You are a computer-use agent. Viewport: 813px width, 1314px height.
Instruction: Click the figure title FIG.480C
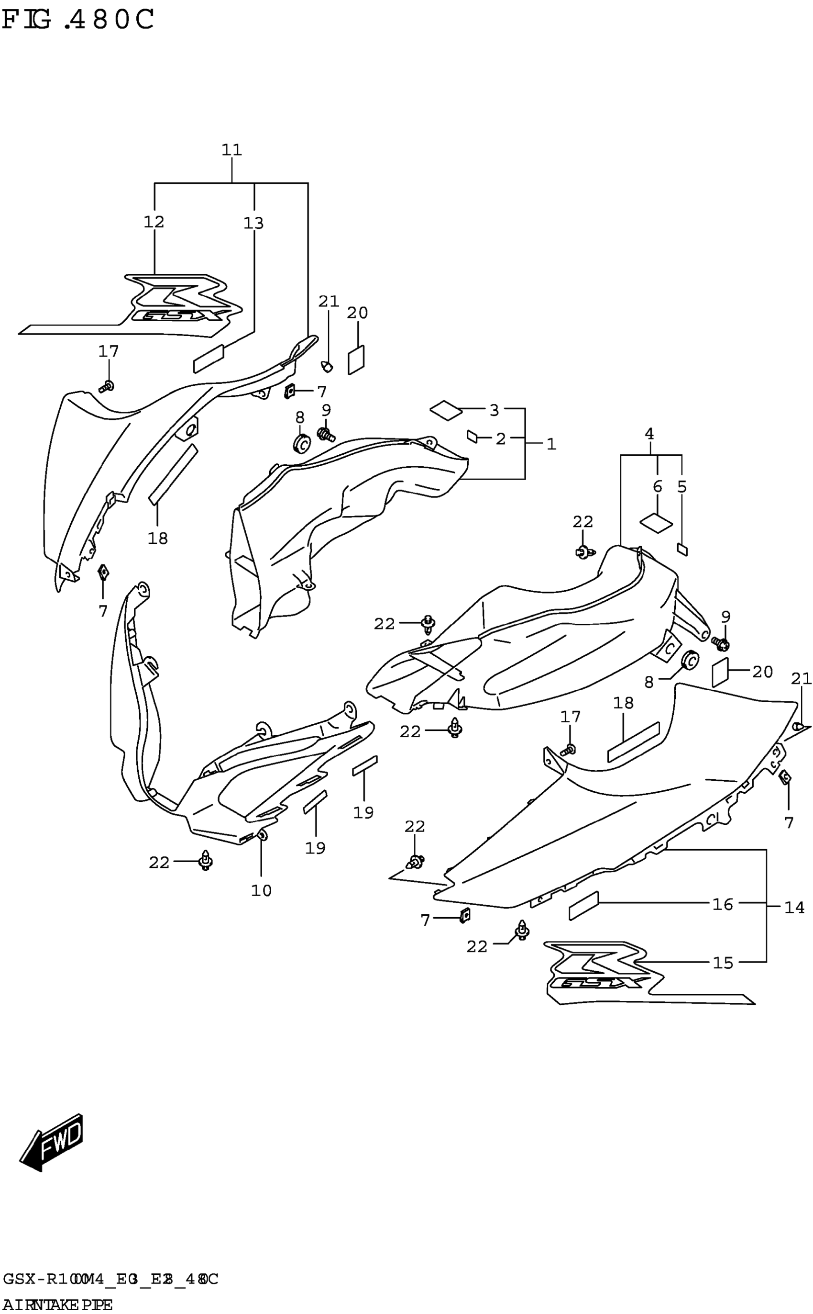(x=78, y=21)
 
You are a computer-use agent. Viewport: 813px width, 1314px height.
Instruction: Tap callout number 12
(x=154, y=222)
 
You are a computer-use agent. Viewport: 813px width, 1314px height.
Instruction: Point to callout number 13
(x=254, y=223)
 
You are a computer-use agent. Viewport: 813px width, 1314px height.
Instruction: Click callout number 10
(x=261, y=890)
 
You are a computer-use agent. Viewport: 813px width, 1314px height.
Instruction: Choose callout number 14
(x=794, y=908)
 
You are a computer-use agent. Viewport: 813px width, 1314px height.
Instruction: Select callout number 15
(x=723, y=963)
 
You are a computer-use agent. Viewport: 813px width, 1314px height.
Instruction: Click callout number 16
(x=723, y=905)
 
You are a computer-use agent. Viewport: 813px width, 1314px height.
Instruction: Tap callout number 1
(x=551, y=444)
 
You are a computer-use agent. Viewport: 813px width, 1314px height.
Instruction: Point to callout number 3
(x=494, y=410)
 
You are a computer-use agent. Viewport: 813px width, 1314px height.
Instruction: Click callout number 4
(x=649, y=434)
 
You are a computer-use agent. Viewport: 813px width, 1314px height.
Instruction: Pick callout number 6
(x=657, y=486)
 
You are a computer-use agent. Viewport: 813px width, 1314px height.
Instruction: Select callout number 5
(x=682, y=486)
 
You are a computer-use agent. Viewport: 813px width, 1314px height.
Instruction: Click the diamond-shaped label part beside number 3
(x=446, y=411)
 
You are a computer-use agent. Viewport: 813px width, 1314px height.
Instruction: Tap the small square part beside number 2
(x=472, y=436)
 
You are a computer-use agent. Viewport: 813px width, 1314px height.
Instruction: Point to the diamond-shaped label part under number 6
(x=656, y=522)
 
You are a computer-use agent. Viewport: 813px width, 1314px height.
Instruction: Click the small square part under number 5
(x=682, y=550)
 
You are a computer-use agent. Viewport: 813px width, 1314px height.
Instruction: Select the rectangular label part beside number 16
(x=583, y=906)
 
